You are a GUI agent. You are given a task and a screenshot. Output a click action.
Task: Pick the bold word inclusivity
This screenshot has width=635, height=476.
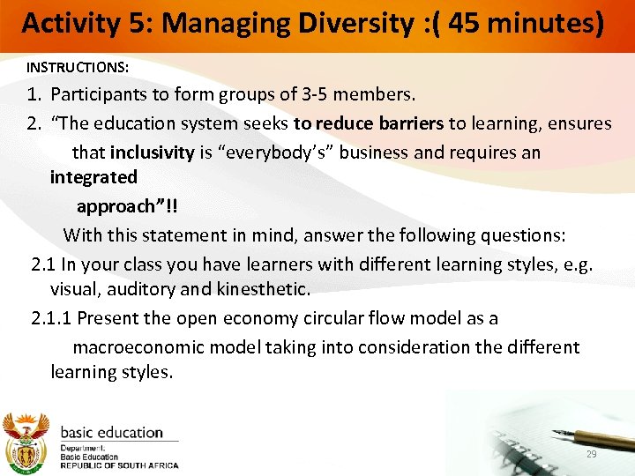(x=152, y=152)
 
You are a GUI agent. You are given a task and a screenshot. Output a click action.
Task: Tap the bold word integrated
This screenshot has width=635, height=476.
(x=93, y=176)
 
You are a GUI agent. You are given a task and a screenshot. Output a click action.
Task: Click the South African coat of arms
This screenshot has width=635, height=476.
(x=26, y=440)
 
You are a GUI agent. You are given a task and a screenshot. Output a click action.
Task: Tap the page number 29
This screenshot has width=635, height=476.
(x=592, y=453)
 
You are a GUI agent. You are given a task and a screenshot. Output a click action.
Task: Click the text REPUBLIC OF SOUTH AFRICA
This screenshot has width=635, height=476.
(x=119, y=465)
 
